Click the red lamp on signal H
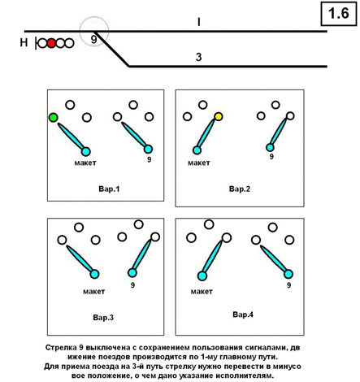[x=51, y=43]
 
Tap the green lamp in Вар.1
[x=54, y=118]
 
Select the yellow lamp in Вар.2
[x=219, y=116]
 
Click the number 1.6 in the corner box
[x=339, y=13]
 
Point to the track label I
[x=199, y=22]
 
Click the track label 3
[x=199, y=57]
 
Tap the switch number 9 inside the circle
[x=93, y=40]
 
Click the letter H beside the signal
[x=24, y=42]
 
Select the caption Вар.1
[x=109, y=189]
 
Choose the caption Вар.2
[x=240, y=189]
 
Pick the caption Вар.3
[x=103, y=317]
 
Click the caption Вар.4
[x=243, y=315]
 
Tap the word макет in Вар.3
[x=93, y=292]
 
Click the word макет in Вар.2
[x=199, y=163]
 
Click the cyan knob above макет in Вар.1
[x=85, y=152]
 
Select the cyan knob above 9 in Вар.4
[x=288, y=274]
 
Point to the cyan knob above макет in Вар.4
[x=202, y=276]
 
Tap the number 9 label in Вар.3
[x=132, y=285]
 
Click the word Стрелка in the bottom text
[x=61, y=348]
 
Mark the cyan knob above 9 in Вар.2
[x=270, y=147]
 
